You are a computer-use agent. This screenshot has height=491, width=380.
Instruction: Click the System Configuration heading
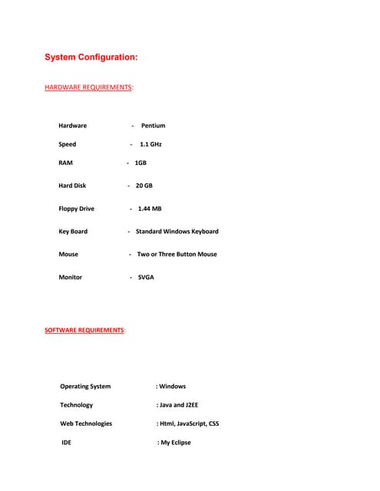pyautogui.click(x=91, y=58)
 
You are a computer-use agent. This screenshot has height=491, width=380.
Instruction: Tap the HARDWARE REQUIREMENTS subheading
pyautogui.click(x=88, y=87)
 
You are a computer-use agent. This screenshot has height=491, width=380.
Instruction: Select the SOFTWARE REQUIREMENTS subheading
pyautogui.click(x=84, y=330)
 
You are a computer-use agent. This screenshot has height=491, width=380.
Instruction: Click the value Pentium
pyautogui.click(x=153, y=126)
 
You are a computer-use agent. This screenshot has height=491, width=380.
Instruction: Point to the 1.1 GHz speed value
pyautogui.click(x=150, y=144)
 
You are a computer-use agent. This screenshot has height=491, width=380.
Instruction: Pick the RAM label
pyautogui.click(x=65, y=163)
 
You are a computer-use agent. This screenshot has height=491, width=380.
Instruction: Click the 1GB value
pyautogui.click(x=140, y=163)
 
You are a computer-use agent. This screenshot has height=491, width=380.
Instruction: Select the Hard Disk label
pyautogui.click(x=72, y=186)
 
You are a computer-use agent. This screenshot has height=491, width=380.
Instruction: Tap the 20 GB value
pyautogui.click(x=144, y=186)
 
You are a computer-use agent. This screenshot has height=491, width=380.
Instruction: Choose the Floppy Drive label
pyautogui.click(x=76, y=209)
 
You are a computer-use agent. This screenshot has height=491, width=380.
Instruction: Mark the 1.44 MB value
pyautogui.click(x=149, y=209)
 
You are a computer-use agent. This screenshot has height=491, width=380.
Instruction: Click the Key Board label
pyautogui.click(x=73, y=232)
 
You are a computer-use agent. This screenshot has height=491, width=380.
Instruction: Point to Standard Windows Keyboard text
pyautogui.click(x=177, y=232)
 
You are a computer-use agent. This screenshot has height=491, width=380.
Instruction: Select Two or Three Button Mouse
pyautogui.click(x=177, y=254)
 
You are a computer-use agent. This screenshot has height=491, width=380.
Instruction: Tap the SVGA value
pyautogui.click(x=146, y=277)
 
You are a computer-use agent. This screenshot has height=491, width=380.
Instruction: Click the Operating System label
pyautogui.click(x=85, y=387)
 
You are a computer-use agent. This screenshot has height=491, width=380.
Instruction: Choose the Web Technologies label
pyautogui.click(x=86, y=423)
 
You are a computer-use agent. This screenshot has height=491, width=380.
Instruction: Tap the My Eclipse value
pyautogui.click(x=175, y=443)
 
